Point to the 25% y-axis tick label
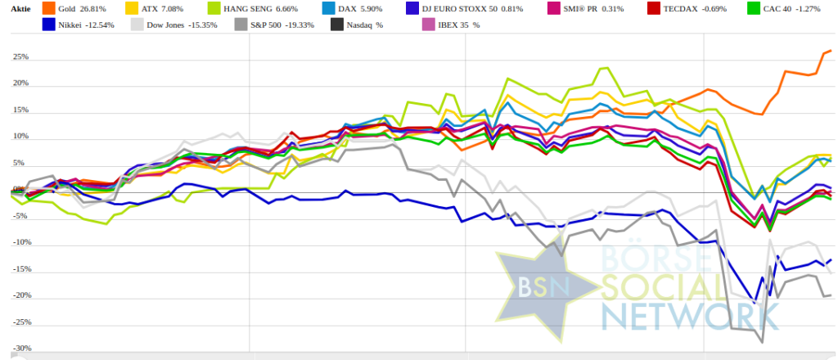pos(20,57)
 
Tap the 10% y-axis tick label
pos(20,137)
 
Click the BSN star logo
pos(540,286)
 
